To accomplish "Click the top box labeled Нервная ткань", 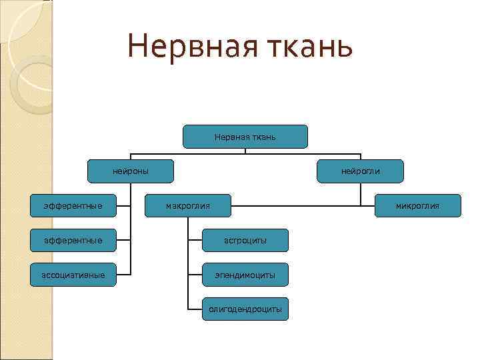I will point(245,137).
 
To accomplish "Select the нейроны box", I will point(131,171).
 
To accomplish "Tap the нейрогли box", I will point(361,171).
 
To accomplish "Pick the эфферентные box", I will point(73,205).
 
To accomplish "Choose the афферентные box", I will point(73,240).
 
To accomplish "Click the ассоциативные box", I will point(73,275).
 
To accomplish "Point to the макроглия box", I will point(188,205).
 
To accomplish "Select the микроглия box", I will point(417,205).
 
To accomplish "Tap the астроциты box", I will point(245,240).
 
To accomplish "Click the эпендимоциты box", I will point(245,275).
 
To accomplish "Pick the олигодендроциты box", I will point(245,309).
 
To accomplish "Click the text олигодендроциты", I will point(245,309).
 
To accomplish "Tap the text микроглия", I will point(417,205).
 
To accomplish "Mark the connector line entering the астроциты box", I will point(195,240).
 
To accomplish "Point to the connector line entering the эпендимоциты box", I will point(195,275).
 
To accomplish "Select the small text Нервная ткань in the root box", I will point(245,137).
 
